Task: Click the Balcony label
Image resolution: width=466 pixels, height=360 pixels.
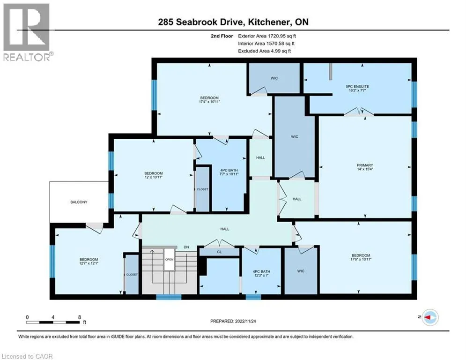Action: pos(79,202)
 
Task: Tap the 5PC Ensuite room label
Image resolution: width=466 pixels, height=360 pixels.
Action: pos(357,87)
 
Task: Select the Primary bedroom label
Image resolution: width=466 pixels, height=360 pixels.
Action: pos(365,165)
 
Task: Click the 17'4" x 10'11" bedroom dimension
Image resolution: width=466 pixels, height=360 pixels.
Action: pos(209,102)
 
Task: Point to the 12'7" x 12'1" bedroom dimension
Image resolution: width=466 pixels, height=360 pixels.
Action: pos(89,263)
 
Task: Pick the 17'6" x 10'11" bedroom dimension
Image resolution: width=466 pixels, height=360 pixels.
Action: pos(361,259)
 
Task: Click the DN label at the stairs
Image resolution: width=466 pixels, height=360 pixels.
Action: pos(186,247)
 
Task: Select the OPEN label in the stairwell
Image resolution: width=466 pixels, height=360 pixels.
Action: pos(169,259)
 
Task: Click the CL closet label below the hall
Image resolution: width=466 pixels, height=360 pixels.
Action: pos(219,252)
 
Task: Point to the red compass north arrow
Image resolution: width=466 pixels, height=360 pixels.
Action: pos(428,317)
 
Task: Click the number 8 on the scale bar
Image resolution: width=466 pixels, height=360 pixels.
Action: pos(79,317)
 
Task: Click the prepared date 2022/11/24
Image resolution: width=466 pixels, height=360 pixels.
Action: pos(245,321)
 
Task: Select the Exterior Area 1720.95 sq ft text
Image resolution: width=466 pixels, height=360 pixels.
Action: pos(267,36)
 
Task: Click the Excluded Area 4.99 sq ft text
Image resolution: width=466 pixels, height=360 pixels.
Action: pos(265,51)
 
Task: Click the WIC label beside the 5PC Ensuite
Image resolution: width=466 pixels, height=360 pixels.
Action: pos(274,78)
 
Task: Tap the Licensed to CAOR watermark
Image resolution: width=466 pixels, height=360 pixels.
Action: pos(27,356)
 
